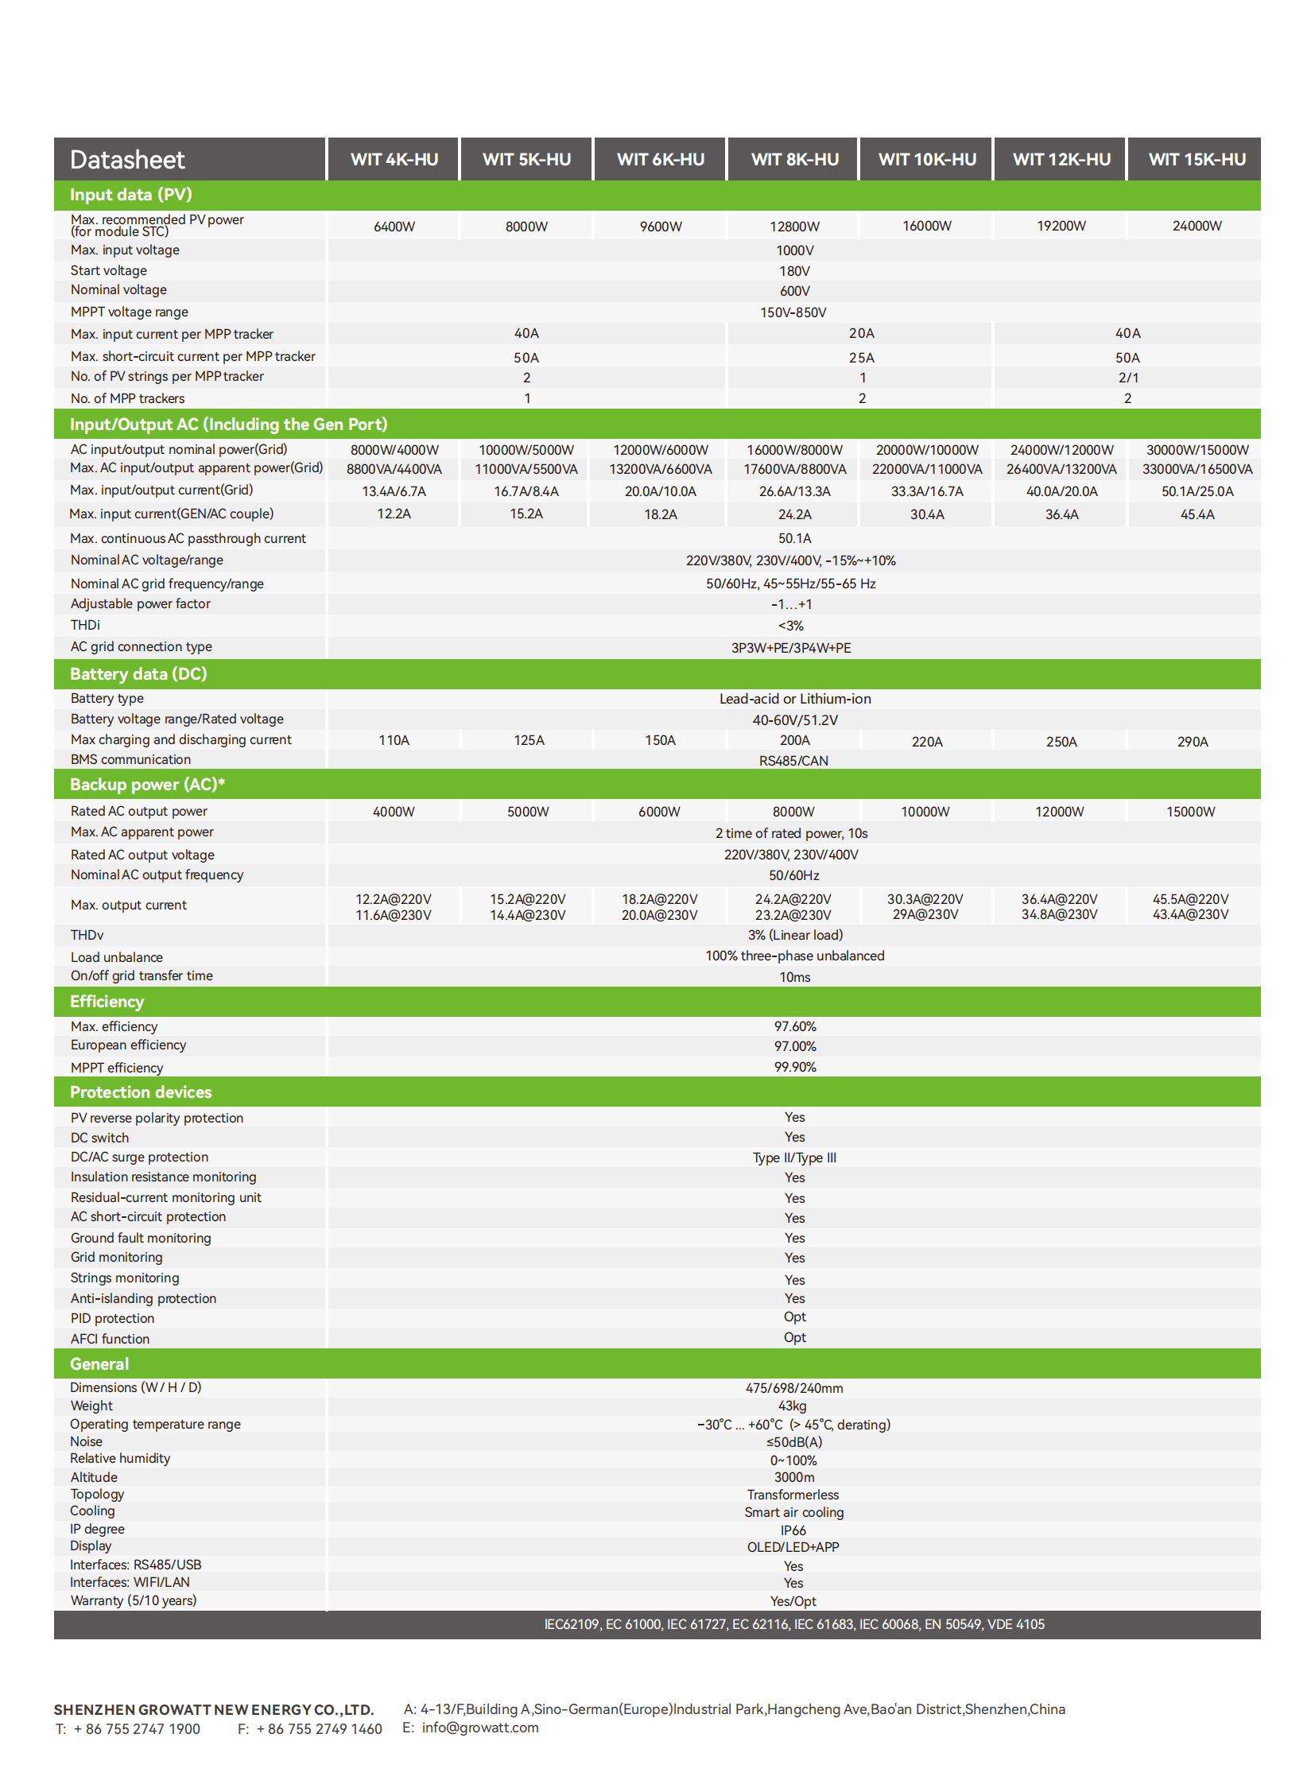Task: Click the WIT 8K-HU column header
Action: click(794, 159)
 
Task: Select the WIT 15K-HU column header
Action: click(1197, 159)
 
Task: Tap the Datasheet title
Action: click(127, 160)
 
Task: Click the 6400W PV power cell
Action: click(394, 227)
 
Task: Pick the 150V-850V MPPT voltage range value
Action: click(793, 313)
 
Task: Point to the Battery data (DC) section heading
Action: click(138, 674)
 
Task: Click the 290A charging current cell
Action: click(1192, 742)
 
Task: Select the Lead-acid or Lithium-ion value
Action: click(794, 699)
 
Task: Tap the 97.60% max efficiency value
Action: click(794, 1027)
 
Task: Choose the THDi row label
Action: click(85, 625)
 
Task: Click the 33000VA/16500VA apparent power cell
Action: click(1197, 470)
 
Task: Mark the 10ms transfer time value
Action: click(794, 978)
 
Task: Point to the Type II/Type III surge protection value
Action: click(793, 1158)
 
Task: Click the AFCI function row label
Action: click(110, 1339)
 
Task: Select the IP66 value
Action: click(793, 1530)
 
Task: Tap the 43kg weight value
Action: click(792, 1406)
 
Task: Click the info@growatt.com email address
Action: click(480, 1728)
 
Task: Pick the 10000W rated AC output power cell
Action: click(925, 812)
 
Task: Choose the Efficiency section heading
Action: click(107, 1002)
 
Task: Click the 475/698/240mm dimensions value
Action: click(793, 1388)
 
